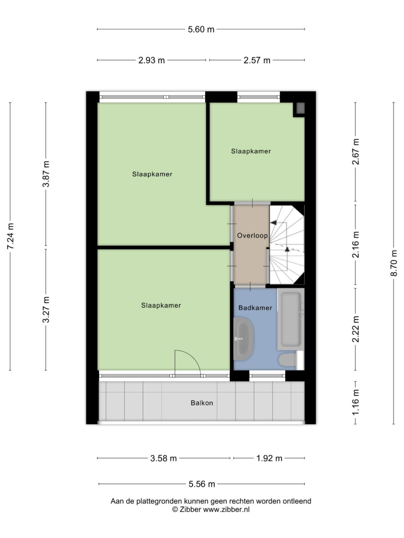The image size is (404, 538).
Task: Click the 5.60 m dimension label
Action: point(201,30)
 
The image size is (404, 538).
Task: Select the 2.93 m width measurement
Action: point(151,60)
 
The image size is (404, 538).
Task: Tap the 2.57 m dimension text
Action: point(257,60)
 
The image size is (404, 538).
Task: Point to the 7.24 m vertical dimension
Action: point(10,236)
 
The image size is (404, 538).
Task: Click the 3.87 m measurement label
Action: point(46,174)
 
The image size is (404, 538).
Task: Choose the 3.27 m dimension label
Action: point(46,309)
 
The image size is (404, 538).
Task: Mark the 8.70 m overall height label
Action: point(394,263)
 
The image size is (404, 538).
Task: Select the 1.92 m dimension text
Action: point(269,458)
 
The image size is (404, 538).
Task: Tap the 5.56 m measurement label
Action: point(202,484)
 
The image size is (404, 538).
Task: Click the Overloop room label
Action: point(252,235)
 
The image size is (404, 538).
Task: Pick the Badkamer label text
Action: point(255,308)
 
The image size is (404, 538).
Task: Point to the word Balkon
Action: point(202,403)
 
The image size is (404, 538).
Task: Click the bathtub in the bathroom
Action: point(291,319)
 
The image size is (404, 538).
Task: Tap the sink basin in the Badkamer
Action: point(243,338)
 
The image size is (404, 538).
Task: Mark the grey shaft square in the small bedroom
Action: point(300,108)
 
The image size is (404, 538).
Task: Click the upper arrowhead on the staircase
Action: point(273,222)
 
